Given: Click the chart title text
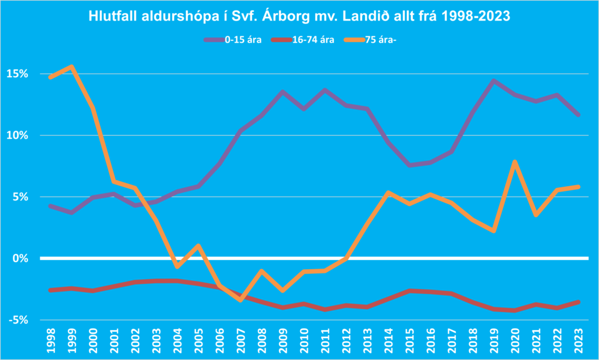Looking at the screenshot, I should click(x=299, y=16).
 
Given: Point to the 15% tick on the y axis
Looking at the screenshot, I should click(x=18, y=74).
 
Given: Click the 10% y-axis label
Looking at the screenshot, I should click(x=18, y=135).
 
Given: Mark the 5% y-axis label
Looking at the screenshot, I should click(x=20, y=197).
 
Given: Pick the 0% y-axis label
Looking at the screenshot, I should click(x=20, y=258).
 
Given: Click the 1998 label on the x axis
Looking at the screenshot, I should click(x=51, y=341).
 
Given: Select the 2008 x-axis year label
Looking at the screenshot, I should click(x=261, y=341).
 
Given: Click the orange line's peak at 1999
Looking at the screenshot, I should click(x=72, y=67).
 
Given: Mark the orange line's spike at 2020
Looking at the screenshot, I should click(x=514, y=162).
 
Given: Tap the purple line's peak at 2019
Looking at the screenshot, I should click(x=493, y=81).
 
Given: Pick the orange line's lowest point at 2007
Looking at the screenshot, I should click(x=240, y=300).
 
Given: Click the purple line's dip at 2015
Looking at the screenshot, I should click(x=409, y=165).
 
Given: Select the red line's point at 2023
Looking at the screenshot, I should click(x=578, y=302).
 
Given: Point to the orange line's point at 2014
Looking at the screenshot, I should click(x=388, y=193).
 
